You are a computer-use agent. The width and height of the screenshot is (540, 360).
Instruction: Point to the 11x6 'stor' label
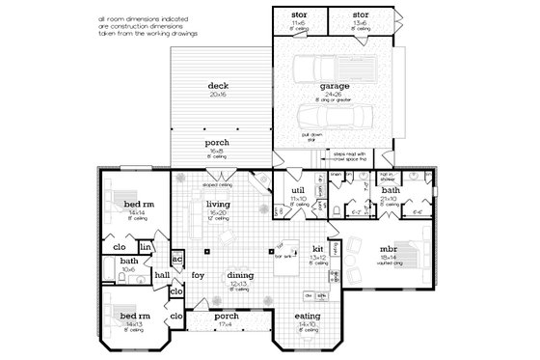[298, 16]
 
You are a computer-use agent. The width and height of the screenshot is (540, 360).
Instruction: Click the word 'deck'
[217, 86]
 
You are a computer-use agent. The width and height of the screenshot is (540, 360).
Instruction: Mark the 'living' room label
[217, 203]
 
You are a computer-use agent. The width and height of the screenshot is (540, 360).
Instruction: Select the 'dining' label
[240, 275]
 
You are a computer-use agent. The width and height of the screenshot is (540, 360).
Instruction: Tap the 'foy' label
[197, 275]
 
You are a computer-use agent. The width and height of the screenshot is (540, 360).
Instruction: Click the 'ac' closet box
[176, 260]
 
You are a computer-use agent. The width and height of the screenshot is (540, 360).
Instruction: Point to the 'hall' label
[163, 275]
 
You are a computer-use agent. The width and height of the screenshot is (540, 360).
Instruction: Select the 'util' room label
[299, 193]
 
